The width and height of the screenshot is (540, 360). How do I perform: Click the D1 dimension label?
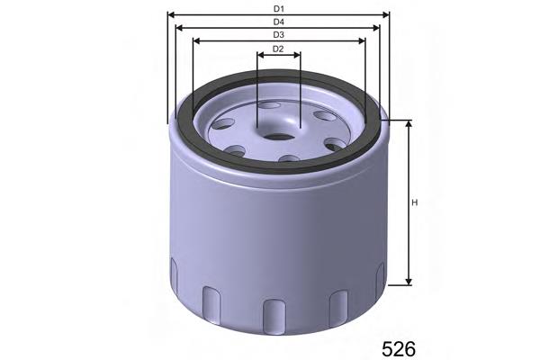pyautogui.click(x=279, y=8)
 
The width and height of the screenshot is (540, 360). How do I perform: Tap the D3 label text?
pyautogui.click(x=279, y=34)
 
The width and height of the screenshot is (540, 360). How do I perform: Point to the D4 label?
pyautogui.click(x=279, y=22)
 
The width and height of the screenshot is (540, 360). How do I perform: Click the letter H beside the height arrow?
pyautogui.click(x=415, y=202)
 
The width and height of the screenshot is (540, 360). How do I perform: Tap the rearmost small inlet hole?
pyautogui.click(x=270, y=106)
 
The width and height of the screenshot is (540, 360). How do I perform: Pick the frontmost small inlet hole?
pyautogui.click(x=289, y=159)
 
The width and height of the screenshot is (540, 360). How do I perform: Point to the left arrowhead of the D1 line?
pyautogui.click(x=171, y=15)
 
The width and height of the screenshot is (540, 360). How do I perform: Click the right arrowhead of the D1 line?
pyautogui.click(x=388, y=15)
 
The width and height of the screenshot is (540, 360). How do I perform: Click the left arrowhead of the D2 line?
pyautogui.click(x=260, y=55)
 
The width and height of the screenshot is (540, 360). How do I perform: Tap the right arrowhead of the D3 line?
pyautogui.click(x=364, y=41)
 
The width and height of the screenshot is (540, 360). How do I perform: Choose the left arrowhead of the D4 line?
pyautogui.click(x=181, y=28)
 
